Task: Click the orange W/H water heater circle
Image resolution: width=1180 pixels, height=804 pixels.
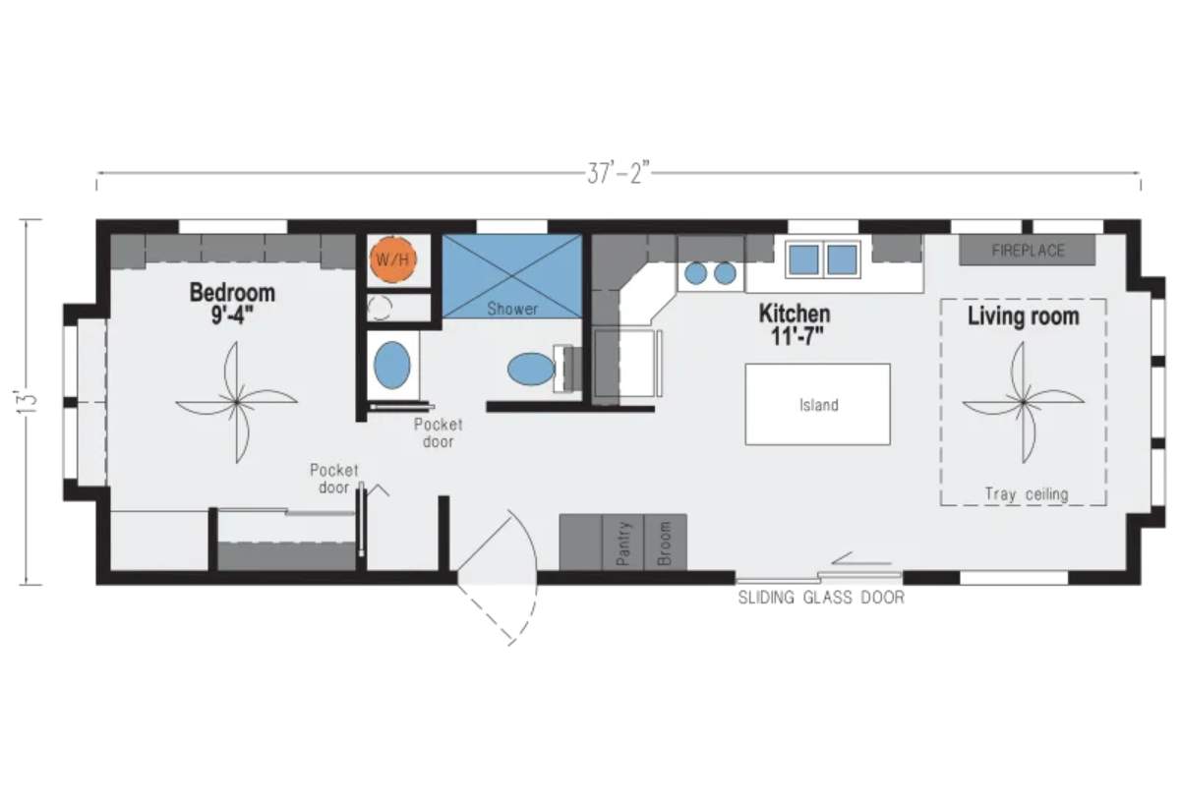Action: pos(393,259)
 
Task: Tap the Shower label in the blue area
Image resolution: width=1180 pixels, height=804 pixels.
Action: pos(512,309)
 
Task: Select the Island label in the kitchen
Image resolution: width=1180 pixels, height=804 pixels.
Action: pos(818,405)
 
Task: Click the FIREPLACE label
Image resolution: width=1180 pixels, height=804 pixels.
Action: pos(1028,251)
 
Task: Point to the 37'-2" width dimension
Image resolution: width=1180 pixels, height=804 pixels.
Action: pos(619,173)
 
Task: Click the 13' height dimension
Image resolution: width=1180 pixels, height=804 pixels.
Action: pos(28,402)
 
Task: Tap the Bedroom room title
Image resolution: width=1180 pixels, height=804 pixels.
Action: pos(232,293)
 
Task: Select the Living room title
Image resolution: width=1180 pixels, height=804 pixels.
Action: pos(1024,316)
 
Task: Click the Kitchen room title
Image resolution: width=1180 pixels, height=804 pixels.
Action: pos(795,314)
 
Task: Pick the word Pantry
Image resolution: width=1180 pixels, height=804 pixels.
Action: pos(622,544)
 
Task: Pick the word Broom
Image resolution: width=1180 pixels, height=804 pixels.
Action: pos(665,544)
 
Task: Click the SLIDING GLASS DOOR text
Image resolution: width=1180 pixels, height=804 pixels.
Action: pos(821,598)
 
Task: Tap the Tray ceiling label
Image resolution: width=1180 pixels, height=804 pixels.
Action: pos(1027,493)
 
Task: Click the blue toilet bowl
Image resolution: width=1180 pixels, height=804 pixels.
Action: pos(531,369)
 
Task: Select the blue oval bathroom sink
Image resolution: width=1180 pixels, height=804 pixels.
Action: pos(392,365)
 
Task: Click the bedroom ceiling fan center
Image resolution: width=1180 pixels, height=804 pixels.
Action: pos(237,403)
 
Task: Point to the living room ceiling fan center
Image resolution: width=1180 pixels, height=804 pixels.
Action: pos(1024,403)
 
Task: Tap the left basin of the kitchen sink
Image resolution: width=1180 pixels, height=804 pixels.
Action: pos(804,259)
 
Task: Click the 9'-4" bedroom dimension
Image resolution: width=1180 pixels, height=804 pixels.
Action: pos(232,316)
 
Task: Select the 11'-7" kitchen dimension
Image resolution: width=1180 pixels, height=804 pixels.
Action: pos(796,336)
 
